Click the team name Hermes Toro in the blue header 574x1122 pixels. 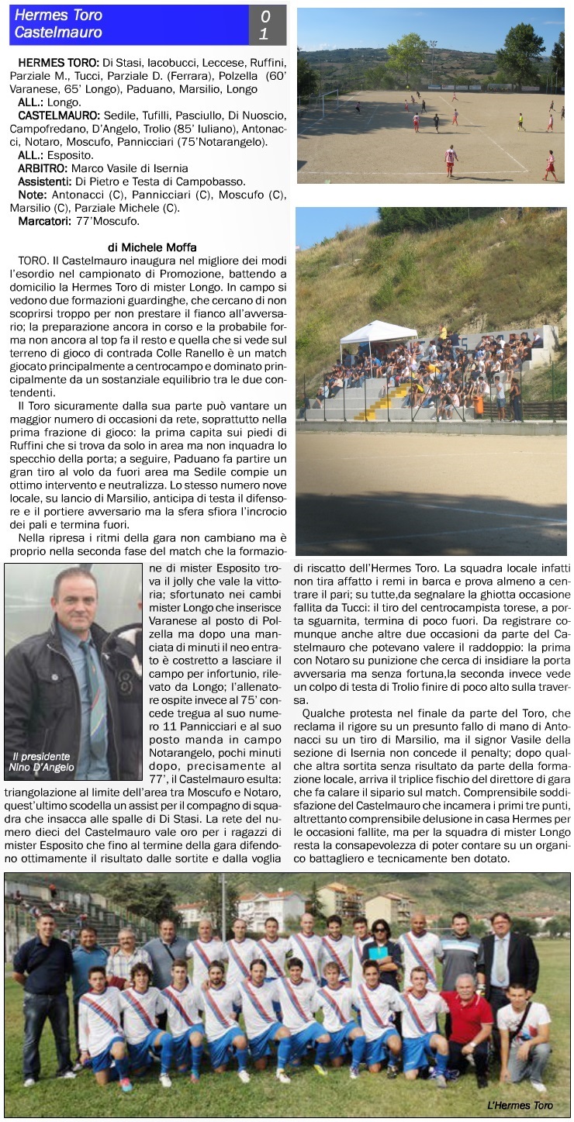point(59,15)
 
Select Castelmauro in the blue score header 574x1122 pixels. point(59,33)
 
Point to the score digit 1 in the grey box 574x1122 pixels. point(265,34)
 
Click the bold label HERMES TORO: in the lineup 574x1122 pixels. point(54,62)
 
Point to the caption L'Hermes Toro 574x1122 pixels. point(520,1105)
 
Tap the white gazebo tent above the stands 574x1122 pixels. point(379,333)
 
